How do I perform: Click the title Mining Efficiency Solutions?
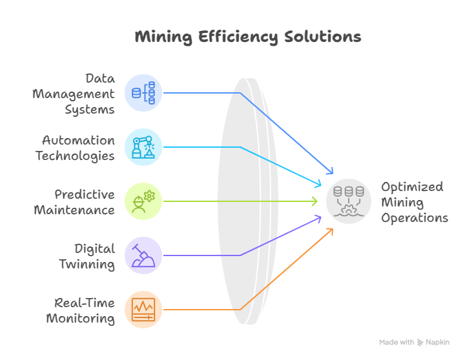[x=247, y=36]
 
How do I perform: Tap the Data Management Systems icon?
[x=143, y=93]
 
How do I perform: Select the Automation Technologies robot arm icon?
[x=143, y=147]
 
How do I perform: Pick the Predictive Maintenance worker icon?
[x=143, y=201]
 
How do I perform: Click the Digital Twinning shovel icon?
[x=143, y=255]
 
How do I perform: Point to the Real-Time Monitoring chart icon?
[x=143, y=310]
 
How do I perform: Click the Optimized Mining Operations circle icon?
[x=349, y=201]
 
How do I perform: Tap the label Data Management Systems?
[x=75, y=94]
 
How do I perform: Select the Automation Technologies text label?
[x=76, y=148]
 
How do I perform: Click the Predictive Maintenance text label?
[x=75, y=202]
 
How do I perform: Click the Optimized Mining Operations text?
[x=413, y=202]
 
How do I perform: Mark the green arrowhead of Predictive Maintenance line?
[x=316, y=201]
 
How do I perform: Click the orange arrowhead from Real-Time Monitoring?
[x=330, y=230]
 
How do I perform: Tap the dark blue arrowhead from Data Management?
[x=331, y=172]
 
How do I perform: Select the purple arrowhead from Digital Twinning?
[x=318, y=219]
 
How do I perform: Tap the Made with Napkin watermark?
[x=414, y=342]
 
